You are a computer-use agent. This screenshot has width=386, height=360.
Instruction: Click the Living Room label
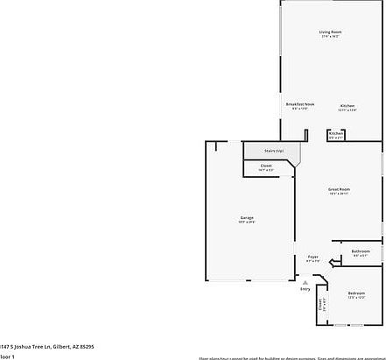pos(330,32)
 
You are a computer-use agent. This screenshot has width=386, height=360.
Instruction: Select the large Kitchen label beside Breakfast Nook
pos(347,105)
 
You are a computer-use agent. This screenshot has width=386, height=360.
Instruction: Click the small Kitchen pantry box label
pos(336,134)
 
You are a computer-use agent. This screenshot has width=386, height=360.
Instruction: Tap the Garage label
pos(248,217)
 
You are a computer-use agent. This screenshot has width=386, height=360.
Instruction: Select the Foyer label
pos(312,257)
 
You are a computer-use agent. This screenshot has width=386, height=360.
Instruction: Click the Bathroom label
pos(361,251)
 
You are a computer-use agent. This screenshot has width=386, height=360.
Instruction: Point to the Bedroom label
pos(356,293)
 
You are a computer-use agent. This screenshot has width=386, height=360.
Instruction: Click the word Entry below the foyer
pos(305,288)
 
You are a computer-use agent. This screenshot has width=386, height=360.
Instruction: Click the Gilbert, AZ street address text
pos(47,346)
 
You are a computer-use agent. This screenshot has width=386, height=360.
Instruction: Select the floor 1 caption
pos(7,356)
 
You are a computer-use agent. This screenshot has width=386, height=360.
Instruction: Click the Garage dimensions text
pos(248,222)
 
